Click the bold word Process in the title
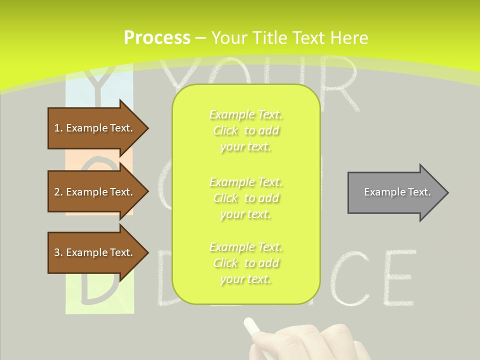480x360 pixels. click(157, 38)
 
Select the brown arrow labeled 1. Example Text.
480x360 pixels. click(95, 128)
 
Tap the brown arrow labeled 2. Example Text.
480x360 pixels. click(95, 192)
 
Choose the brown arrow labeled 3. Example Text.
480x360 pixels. click(95, 252)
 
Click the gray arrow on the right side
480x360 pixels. click(395, 192)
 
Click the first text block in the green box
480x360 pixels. click(245, 130)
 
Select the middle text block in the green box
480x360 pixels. click(245, 198)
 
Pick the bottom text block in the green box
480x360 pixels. click(245, 263)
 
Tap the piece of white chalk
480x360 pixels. click(252, 326)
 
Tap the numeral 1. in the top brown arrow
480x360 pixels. click(58, 128)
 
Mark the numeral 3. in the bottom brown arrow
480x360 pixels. click(58, 252)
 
